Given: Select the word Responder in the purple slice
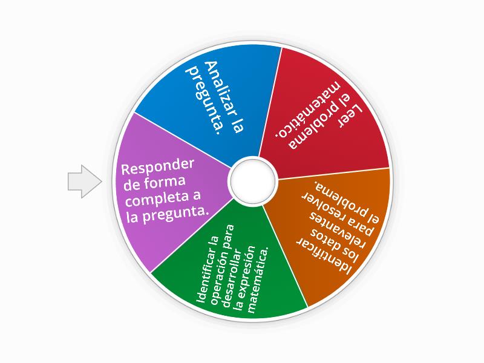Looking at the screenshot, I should pos(157,167).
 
